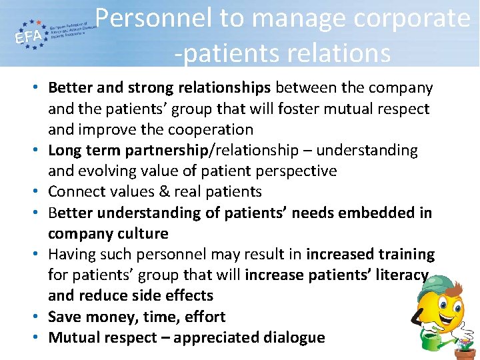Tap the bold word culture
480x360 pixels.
(142, 233)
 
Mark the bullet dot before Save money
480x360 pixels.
(38, 317)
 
